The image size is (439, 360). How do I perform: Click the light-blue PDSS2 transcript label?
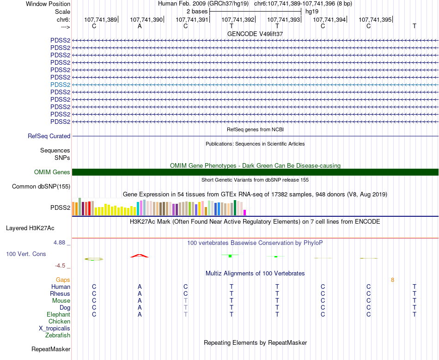[60, 85]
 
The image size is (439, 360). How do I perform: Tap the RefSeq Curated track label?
[49, 136]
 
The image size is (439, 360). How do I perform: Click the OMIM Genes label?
[52, 172]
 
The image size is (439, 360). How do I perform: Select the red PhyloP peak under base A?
[140, 256]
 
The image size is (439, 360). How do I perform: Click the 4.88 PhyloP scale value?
[62, 243]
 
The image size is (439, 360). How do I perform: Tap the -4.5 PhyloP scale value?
[62, 266]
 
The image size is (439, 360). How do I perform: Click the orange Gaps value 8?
[392, 280]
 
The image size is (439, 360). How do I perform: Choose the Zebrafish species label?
[58, 336]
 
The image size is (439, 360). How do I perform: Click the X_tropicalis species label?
[55, 329]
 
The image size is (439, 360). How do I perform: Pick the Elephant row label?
[59, 315]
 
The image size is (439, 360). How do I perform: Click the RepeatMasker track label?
[51, 349]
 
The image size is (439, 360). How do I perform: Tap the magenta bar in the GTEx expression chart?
[245, 213]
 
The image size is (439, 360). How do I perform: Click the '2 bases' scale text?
[197, 11]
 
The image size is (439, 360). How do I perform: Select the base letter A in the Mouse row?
[140, 301]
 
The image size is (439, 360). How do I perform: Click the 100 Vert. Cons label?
[26, 254]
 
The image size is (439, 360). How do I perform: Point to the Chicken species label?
[59, 322]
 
